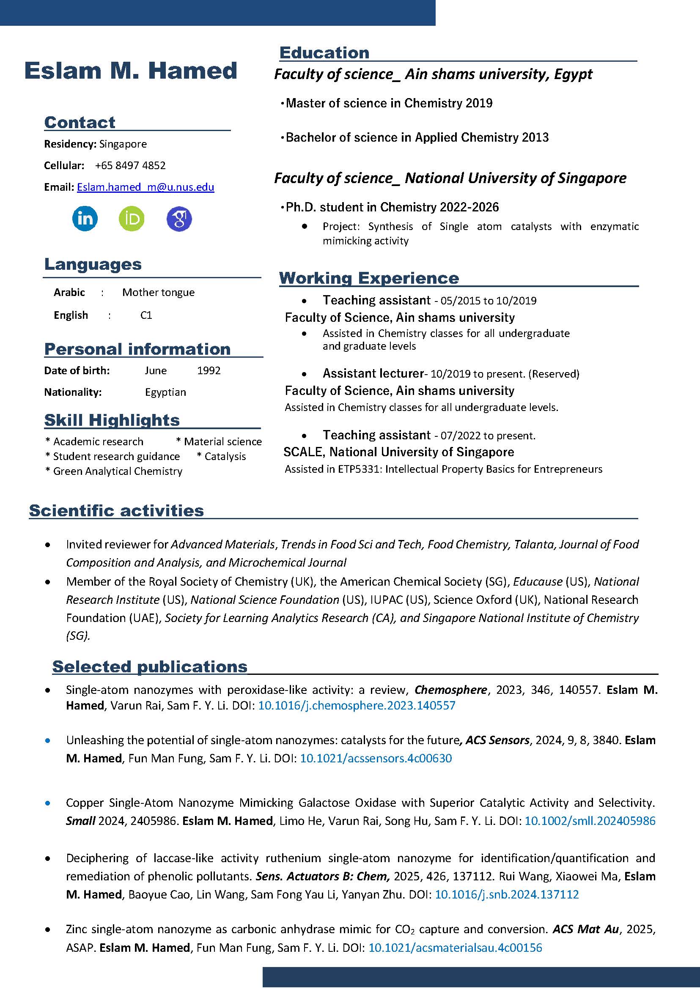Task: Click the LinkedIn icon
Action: coord(85,219)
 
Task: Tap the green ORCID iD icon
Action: coord(132,219)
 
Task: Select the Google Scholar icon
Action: coord(179,219)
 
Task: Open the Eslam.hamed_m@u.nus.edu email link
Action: coord(145,187)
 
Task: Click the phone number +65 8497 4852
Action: coord(130,165)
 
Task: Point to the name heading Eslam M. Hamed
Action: coord(131,71)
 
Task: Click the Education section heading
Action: coord(324,53)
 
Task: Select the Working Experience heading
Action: coord(369,278)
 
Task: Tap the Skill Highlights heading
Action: coord(112,420)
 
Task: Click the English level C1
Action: coord(146,315)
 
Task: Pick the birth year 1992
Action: coord(209,370)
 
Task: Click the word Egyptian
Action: coord(165,392)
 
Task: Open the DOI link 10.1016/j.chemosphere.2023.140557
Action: coord(357,705)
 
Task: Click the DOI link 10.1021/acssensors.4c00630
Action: coord(376,758)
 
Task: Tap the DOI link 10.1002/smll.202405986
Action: coord(590,821)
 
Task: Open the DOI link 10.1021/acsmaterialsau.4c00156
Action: coord(455,948)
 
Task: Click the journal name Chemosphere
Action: coord(450,690)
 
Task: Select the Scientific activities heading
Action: coord(116,511)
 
